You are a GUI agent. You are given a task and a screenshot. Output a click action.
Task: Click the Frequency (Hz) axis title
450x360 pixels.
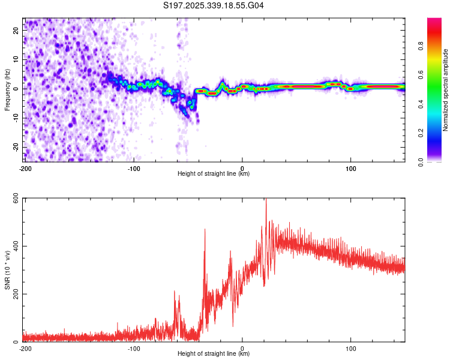(x=7, y=90)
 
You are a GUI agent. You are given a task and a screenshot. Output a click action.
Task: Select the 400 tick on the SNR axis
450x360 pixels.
(x=15, y=247)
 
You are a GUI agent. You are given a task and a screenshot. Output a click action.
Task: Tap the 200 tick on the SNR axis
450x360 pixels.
(x=15, y=294)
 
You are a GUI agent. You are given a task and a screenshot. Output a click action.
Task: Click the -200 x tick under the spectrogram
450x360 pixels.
(x=25, y=167)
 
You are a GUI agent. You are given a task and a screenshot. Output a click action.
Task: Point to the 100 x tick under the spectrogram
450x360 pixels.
(x=350, y=167)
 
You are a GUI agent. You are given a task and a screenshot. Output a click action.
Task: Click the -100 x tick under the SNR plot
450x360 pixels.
(x=133, y=348)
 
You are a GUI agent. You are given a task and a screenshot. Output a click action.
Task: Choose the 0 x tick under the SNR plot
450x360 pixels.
(x=242, y=348)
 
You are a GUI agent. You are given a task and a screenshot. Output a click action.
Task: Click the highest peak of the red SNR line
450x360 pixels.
(x=266, y=201)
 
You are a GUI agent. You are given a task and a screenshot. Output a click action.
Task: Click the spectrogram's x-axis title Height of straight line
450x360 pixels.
(x=214, y=174)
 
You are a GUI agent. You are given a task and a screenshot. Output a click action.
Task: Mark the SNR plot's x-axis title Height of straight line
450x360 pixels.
(x=214, y=354)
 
